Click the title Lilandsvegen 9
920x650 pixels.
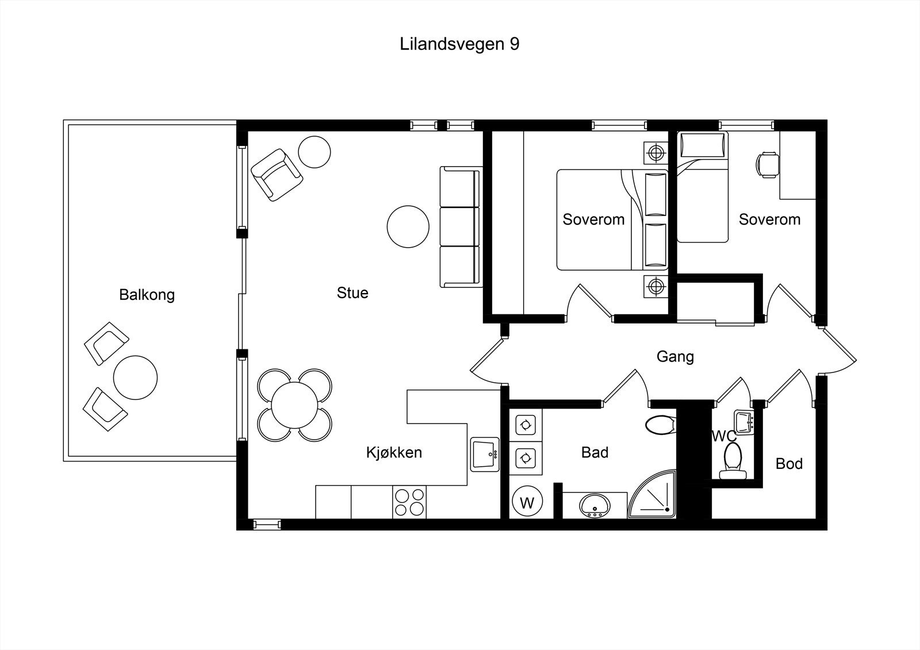click(459, 44)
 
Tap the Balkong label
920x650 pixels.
click(147, 295)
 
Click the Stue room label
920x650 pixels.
click(352, 293)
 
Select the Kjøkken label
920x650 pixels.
click(394, 453)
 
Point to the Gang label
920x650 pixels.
click(675, 357)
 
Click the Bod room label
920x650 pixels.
click(788, 464)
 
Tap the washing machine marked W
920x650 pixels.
click(527, 503)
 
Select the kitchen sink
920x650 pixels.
click(485, 455)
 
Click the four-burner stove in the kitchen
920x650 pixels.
click(409, 502)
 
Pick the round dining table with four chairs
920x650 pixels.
click(294, 405)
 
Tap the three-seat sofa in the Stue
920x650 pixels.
click(460, 227)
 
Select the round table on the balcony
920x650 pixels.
click(135, 378)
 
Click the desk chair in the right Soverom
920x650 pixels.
click(767, 164)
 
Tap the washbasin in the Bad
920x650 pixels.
click(594, 506)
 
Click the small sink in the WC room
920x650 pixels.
click(744, 421)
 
